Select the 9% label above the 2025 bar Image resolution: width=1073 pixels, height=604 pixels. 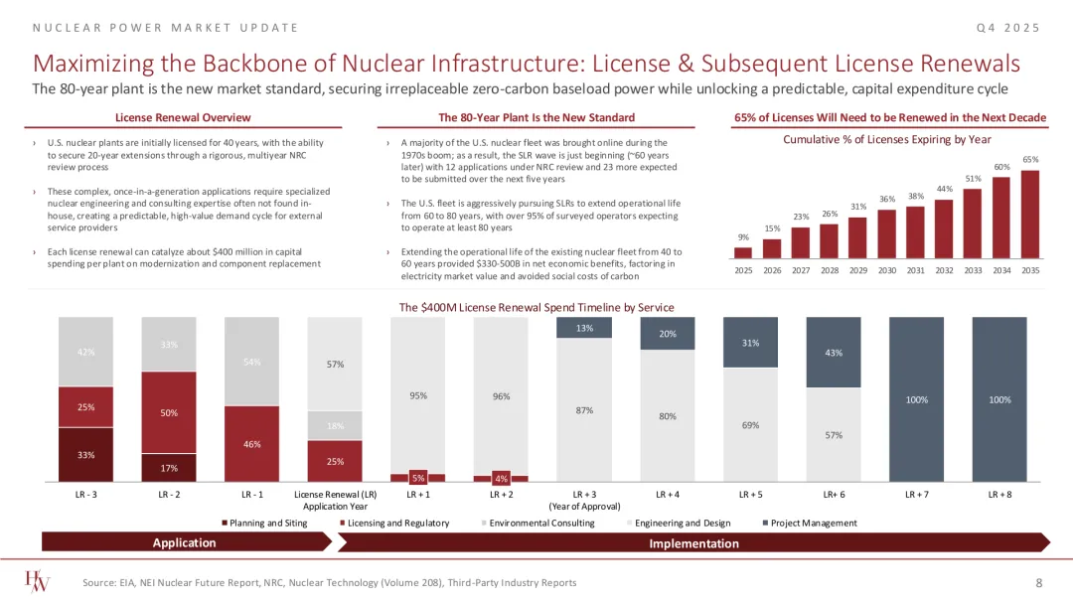tap(744, 236)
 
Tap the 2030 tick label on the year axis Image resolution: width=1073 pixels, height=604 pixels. tap(887, 270)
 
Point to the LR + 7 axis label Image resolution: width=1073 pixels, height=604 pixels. tap(916, 493)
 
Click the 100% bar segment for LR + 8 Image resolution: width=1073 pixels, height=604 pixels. tap(999, 399)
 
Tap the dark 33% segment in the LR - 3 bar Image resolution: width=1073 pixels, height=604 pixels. tap(85, 455)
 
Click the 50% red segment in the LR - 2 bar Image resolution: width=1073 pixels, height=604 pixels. tap(169, 412)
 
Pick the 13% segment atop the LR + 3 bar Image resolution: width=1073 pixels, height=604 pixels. tap(585, 328)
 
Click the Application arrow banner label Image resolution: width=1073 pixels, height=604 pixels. tap(185, 542)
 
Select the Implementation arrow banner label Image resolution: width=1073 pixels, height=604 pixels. tap(693, 543)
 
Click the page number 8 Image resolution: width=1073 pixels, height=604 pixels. tap(1038, 582)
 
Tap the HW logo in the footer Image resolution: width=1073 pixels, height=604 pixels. tap(40, 581)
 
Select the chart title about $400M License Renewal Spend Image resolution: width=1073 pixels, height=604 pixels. tap(536, 308)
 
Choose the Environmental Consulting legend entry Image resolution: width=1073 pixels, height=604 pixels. tap(542, 523)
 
